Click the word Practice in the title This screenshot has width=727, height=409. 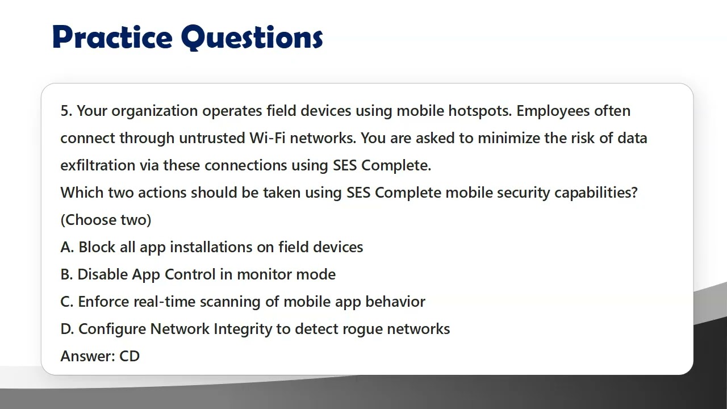pos(112,37)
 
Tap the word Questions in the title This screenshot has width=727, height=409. pos(252,37)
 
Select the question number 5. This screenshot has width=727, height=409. pos(66,111)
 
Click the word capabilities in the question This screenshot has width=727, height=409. pos(596,193)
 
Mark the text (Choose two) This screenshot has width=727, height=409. pos(106,220)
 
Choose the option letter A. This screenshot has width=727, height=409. pos(66,247)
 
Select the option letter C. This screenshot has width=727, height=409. pos(66,302)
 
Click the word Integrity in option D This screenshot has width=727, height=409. pos(243,329)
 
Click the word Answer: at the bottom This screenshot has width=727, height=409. pos(87,356)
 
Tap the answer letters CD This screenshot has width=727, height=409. pos(129,356)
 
